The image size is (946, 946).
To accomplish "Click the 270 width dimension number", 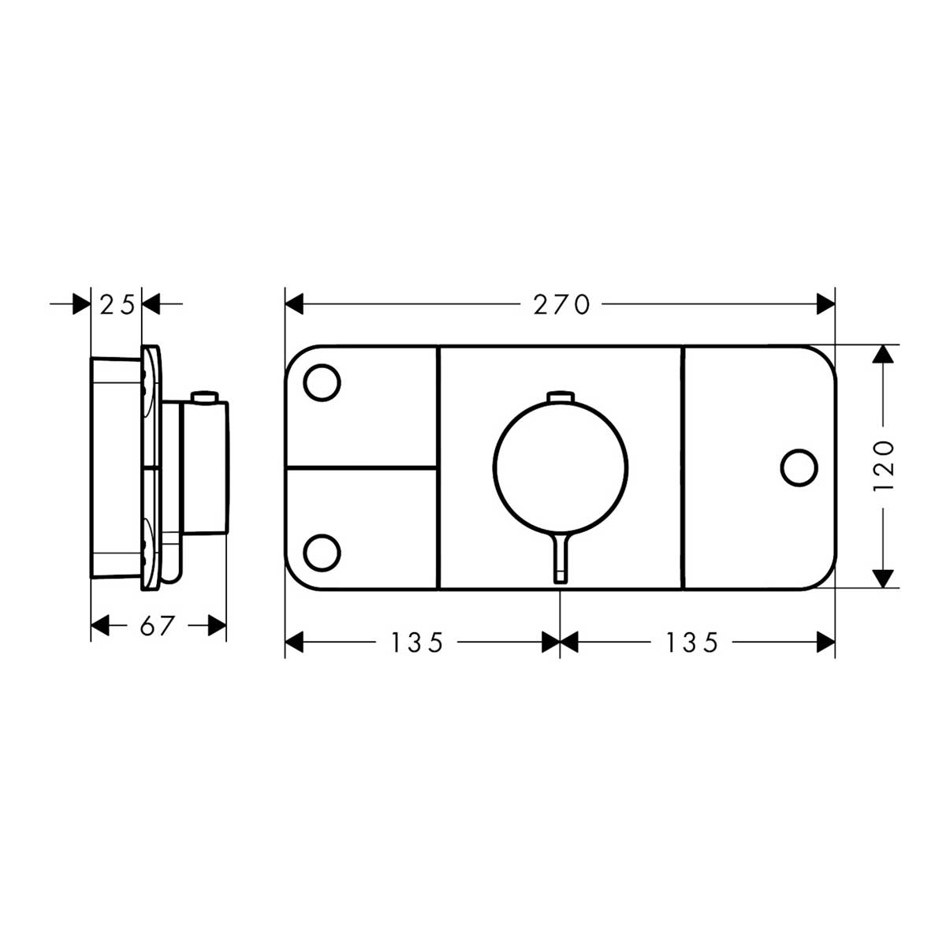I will click(561, 305).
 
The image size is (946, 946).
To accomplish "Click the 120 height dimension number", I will click(885, 467).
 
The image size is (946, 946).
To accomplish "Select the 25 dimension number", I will click(117, 304).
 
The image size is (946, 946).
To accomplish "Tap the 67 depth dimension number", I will click(157, 626).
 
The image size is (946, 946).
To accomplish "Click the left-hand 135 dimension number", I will click(417, 643).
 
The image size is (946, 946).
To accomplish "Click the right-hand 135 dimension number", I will click(691, 643).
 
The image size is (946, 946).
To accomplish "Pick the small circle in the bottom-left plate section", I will click(322, 550).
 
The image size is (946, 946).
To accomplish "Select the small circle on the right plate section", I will click(799, 467).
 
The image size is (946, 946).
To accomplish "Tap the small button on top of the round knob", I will click(561, 396).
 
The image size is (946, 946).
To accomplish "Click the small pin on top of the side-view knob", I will click(207, 397).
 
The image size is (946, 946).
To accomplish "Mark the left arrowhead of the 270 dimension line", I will click(294, 304).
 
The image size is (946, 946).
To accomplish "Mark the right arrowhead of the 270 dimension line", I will click(826, 304).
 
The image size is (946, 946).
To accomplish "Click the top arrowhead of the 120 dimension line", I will click(885, 356).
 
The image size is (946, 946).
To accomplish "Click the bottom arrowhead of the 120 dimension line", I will click(885, 579).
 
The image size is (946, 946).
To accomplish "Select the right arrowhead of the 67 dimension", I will click(218, 626).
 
